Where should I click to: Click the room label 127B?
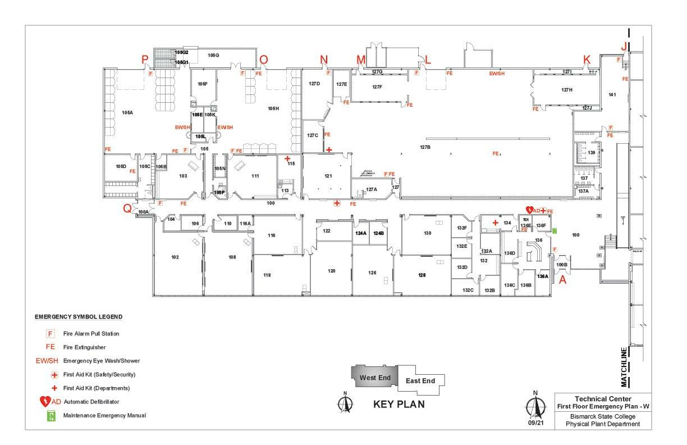click(x=425, y=147)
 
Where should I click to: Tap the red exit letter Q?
click(x=127, y=208)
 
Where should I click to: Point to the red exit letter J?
click(x=624, y=46)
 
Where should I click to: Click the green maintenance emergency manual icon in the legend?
click(x=51, y=416)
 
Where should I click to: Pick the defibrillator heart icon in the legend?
click(x=45, y=402)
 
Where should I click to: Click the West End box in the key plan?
click(x=375, y=378)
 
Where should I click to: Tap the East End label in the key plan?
click(x=420, y=381)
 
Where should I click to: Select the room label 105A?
click(x=127, y=112)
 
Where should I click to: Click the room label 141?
click(x=612, y=94)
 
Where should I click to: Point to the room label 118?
click(x=267, y=275)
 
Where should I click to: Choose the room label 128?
click(x=422, y=275)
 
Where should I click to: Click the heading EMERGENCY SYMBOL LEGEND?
click(x=79, y=317)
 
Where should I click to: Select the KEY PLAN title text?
click(x=399, y=404)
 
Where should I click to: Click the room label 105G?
click(x=213, y=55)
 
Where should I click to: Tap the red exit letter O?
click(x=263, y=60)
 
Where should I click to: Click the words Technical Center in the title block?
click(x=603, y=398)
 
